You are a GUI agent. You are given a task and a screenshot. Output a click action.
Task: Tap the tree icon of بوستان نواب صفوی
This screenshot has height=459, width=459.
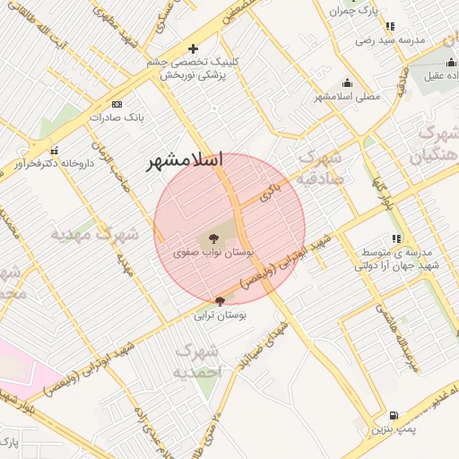[x=214, y=238]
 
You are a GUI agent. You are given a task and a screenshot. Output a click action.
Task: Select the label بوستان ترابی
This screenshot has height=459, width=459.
[x=221, y=316]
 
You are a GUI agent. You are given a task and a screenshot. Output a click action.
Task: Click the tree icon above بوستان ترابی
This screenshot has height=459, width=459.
[x=221, y=302]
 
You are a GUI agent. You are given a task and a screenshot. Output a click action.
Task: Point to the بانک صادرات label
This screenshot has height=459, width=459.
[x=122, y=117]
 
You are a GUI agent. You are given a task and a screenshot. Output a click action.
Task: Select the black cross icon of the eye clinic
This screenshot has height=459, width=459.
[x=192, y=48]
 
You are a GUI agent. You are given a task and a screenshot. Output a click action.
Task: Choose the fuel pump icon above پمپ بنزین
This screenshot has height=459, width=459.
[x=395, y=416]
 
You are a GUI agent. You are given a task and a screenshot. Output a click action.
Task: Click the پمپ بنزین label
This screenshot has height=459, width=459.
[x=395, y=430]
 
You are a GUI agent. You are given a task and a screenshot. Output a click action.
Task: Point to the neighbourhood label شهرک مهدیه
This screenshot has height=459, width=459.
[x=94, y=235]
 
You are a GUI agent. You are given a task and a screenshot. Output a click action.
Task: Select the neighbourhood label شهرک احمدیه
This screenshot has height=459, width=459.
[x=196, y=360]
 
